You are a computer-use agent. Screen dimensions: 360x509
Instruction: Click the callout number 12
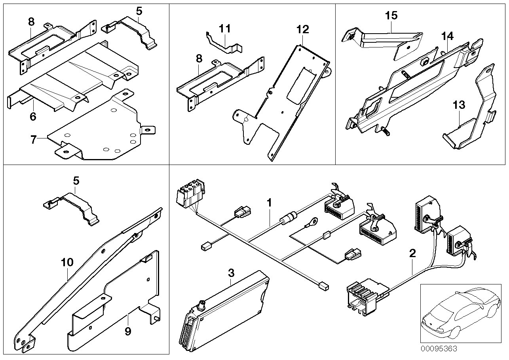(x=304, y=29)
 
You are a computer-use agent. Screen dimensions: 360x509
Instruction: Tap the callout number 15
(x=391, y=16)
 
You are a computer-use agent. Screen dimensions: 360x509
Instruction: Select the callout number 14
(x=447, y=36)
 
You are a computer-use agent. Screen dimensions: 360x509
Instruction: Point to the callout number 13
(x=459, y=106)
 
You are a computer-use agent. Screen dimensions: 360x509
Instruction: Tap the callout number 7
(x=34, y=139)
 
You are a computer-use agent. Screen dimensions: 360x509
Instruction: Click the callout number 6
(x=33, y=117)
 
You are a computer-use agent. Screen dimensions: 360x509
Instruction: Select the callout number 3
(x=231, y=273)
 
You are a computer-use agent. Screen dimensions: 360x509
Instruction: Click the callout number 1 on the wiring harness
(x=269, y=203)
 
